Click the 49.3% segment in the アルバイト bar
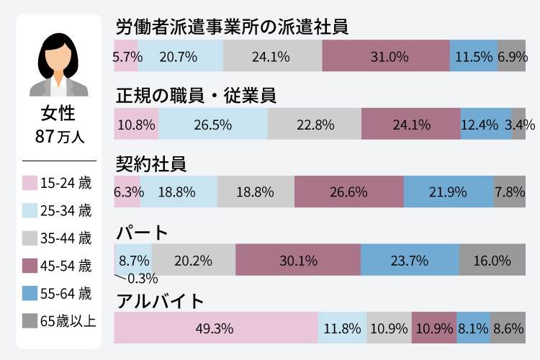point(215,328)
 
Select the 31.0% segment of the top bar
point(386,56)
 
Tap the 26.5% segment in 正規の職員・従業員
point(213,125)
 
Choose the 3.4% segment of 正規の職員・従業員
point(518,125)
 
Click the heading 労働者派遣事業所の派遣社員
point(232,27)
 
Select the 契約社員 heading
point(151,163)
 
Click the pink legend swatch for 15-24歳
point(30,184)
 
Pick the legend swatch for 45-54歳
point(30,266)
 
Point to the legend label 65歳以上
point(68,320)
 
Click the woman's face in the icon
point(58,56)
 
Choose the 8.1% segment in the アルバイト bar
point(473,328)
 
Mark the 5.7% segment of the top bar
point(125,56)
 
